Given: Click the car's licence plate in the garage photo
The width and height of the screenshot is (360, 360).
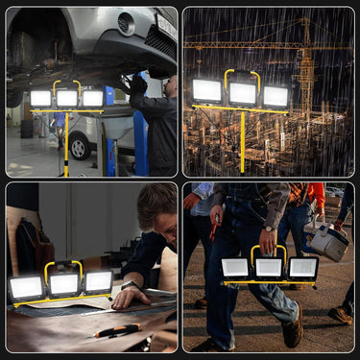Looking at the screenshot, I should click(x=166, y=27).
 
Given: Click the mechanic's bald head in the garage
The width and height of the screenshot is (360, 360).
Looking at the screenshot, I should click(x=170, y=85).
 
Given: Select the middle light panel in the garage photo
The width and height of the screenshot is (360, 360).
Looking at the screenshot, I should click(x=66, y=98).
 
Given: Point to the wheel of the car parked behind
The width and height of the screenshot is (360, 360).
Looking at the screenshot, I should click(x=82, y=147).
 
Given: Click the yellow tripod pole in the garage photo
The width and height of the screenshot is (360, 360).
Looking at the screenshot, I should click(x=66, y=144).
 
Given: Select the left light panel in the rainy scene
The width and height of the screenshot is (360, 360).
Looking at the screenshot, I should click(x=206, y=91).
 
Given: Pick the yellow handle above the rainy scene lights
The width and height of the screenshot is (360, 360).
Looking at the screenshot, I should click(x=242, y=74).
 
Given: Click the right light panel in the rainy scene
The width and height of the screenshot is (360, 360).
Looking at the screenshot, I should click(x=276, y=96).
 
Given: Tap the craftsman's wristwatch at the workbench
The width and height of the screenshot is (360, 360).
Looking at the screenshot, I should click(x=128, y=286).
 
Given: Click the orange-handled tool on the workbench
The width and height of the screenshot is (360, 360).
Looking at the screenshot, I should click(x=119, y=331).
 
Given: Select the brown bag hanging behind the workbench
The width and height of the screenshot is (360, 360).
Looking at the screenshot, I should click(x=29, y=245).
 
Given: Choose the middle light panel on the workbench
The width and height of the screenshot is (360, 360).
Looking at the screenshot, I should click(x=64, y=283).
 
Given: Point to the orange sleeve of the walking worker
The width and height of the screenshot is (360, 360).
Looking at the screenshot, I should click(x=315, y=197).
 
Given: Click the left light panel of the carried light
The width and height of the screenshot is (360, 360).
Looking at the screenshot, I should click(x=235, y=268).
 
